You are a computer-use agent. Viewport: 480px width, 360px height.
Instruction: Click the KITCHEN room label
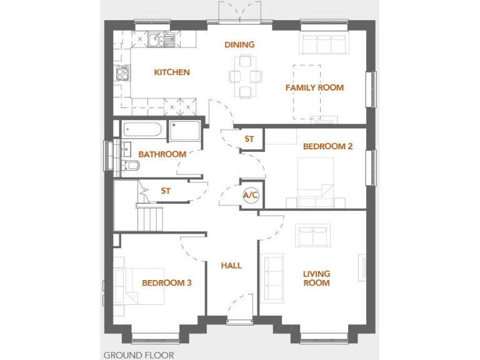[x=172, y=72]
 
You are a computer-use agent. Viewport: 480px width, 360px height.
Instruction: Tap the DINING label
[x=240, y=44]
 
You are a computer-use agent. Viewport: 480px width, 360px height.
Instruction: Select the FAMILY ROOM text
[x=314, y=87]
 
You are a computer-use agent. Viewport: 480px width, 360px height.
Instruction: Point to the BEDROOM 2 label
[x=327, y=146]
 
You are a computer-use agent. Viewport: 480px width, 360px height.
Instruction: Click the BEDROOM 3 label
[x=166, y=283]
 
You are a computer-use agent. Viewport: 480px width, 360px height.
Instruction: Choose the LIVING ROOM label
[x=316, y=278]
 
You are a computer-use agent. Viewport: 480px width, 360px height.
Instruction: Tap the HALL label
[x=231, y=266]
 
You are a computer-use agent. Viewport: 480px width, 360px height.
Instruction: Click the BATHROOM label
[x=162, y=154]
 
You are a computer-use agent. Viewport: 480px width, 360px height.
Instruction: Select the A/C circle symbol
[x=251, y=196]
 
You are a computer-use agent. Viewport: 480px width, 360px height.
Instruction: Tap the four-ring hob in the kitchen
[x=121, y=74]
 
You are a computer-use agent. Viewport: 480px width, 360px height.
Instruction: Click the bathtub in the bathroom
[x=143, y=130]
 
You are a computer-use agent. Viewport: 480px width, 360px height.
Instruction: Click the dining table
[x=245, y=76]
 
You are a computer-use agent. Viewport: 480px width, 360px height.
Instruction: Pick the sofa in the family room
[x=318, y=46]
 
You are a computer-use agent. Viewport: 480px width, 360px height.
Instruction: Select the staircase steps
[x=150, y=219]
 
